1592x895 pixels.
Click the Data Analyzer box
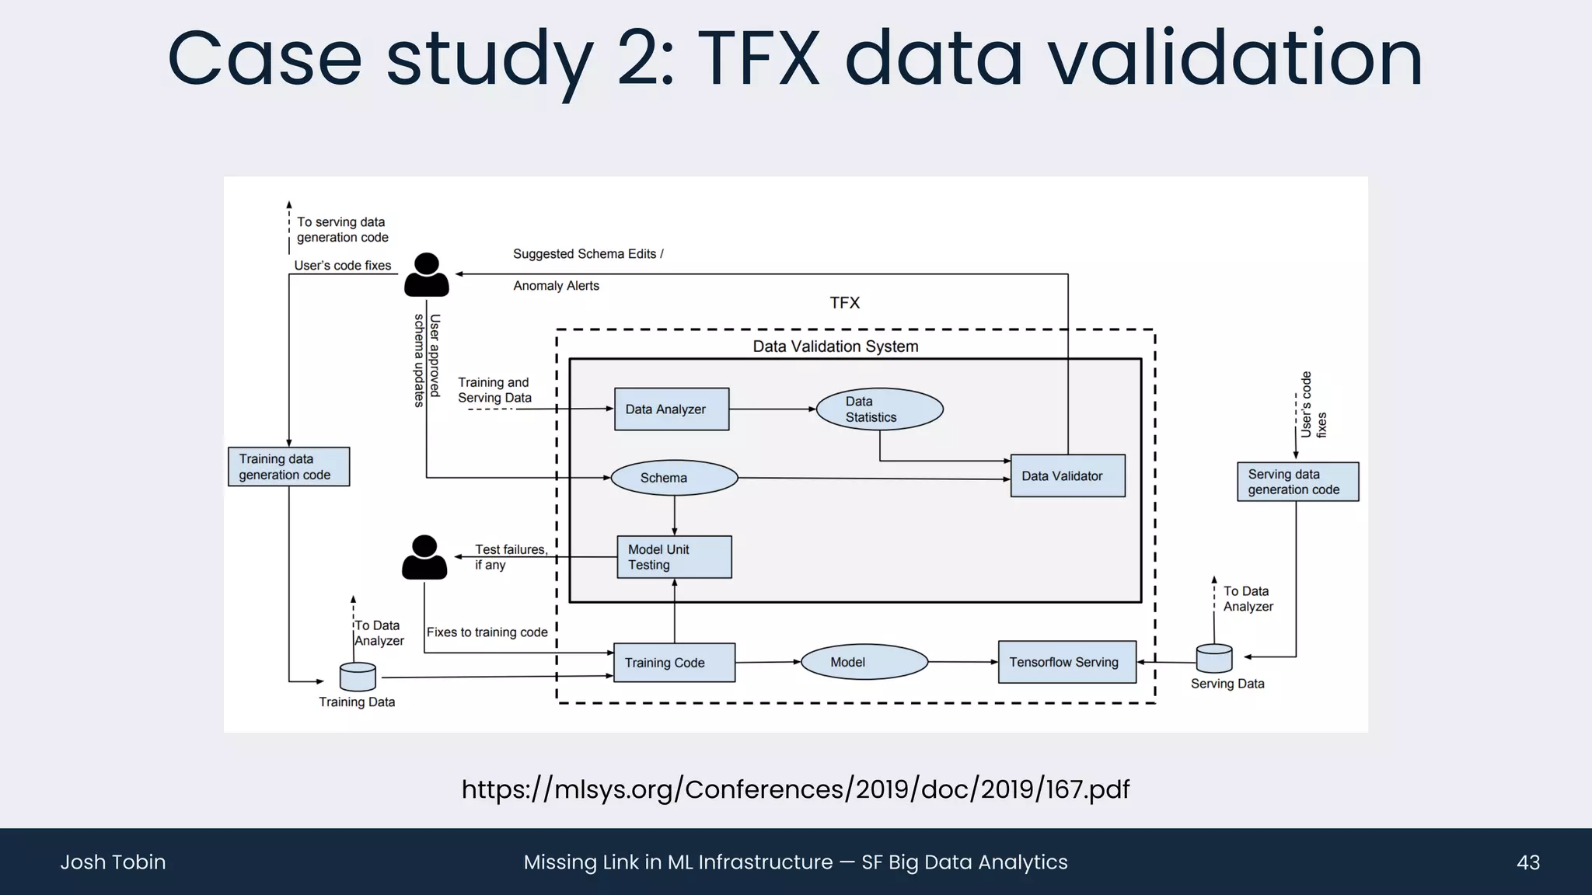(672, 409)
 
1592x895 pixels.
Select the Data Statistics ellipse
(879, 409)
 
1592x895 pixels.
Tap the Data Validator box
(1067, 475)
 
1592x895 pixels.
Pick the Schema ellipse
(674, 478)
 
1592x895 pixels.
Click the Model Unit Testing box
(674, 557)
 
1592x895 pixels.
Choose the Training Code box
(674, 663)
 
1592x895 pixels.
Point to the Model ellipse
(864, 662)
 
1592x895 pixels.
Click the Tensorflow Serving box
(1067, 662)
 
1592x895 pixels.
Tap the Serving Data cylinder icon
(1213, 659)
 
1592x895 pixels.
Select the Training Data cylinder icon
(358, 677)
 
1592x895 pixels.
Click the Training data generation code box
(288, 467)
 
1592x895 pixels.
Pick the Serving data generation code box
(1297, 482)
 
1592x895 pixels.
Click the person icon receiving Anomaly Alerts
(426, 275)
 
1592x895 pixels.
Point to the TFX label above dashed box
(844, 303)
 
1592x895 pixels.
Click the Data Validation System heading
(835, 347)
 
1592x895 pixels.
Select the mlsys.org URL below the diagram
(795, 789)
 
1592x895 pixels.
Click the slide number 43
(1527, 862)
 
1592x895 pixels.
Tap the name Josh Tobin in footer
(113, 862)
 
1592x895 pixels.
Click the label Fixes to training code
(487, 632)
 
